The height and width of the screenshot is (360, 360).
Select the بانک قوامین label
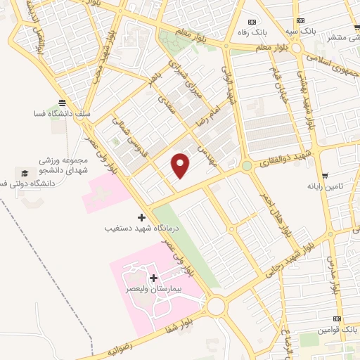point(332,329)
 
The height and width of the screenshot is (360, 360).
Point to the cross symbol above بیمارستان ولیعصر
point(153,278)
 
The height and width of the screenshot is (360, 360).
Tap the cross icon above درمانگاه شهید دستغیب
point(141,218)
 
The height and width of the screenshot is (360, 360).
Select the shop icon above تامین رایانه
point(324,176)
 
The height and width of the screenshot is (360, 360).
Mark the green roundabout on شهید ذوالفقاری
point(247,167)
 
